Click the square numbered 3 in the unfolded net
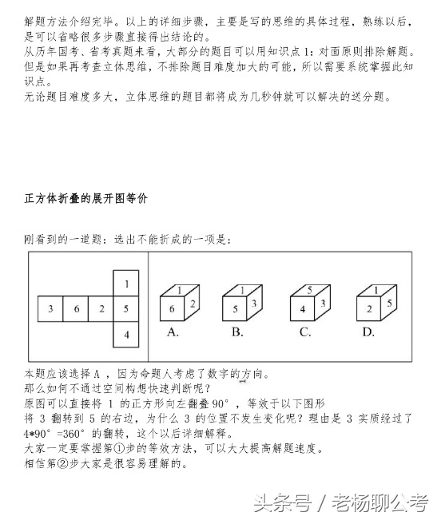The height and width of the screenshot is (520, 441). click(x=50, y=308)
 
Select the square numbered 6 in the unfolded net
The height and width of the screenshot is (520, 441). click(x=76, y=308)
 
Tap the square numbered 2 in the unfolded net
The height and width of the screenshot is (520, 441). click(x=101, y=308)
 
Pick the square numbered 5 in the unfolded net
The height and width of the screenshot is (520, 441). click(x=126, y=308)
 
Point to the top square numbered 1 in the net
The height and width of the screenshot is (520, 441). click(x=126, y=283)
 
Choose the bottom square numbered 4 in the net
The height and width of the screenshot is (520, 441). click(x=126, y=333)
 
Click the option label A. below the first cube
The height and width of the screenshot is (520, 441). click(x=172, y=332)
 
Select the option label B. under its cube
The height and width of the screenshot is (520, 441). click(x=237, y=332)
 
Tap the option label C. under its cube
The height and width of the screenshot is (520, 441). click(x=304, y=332)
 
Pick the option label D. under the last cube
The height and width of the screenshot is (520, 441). click(x=368, y=332)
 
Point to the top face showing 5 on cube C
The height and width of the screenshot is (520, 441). click(x=308, y=291)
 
